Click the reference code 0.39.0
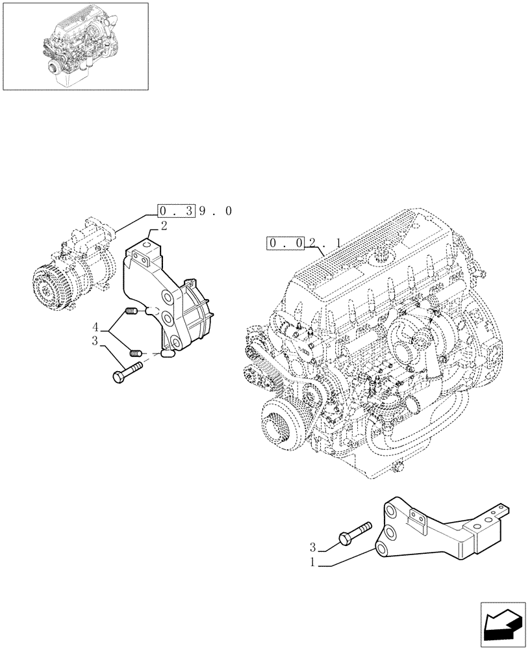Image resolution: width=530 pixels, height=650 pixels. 194,211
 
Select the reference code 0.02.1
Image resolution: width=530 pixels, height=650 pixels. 305,244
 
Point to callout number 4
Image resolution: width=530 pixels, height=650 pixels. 95,326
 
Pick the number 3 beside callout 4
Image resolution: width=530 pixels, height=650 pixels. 95,341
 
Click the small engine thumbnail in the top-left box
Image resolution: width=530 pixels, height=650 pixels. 75,45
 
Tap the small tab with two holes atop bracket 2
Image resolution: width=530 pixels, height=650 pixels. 141,257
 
